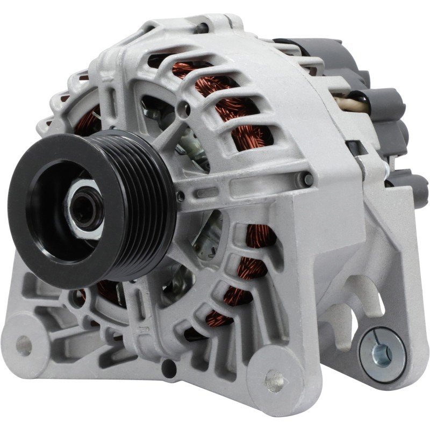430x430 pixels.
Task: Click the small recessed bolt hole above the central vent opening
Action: pyautogui.click(x=186, y=104)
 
